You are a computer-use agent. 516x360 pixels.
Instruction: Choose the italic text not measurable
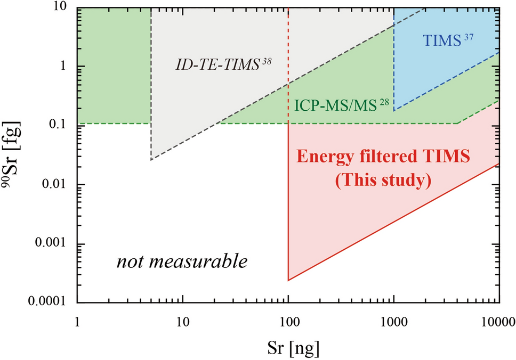[x=182, y=262]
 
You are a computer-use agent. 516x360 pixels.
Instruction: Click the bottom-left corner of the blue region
[x=393, y=111]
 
